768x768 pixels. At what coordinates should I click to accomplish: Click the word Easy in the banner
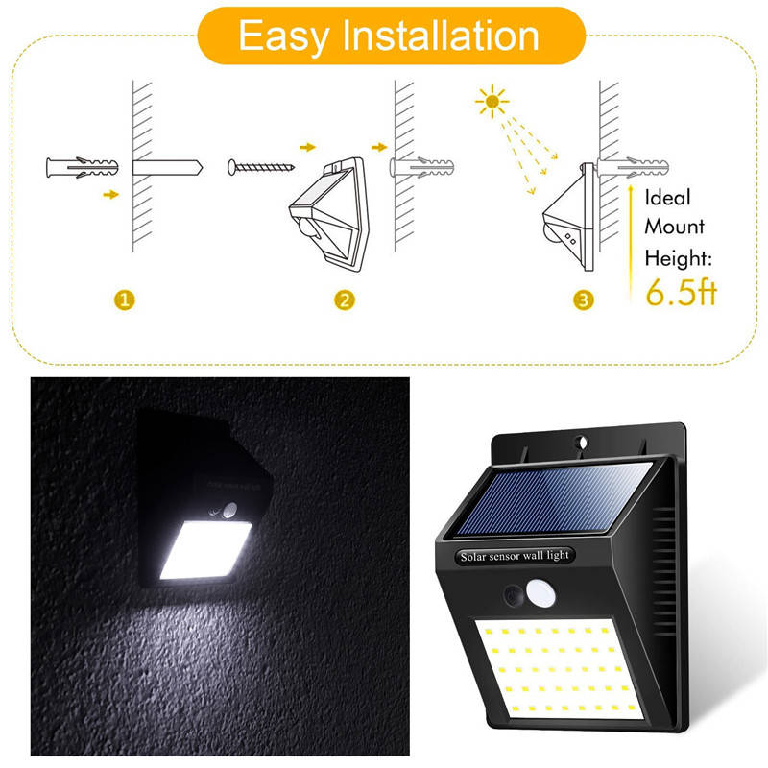tap(283, 36)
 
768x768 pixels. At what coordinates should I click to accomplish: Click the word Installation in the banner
tap(441, 36)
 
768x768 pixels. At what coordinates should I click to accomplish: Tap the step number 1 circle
tap(125, 300)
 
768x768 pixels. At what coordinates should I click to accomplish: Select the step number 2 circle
tap(345, 300)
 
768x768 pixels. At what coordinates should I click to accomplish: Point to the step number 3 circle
tap(584, 300)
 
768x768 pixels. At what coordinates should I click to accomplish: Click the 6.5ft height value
tap(682, 293)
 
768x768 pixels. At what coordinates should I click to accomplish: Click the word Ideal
tap(667, 198)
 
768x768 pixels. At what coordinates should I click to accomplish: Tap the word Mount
tap(675, 227)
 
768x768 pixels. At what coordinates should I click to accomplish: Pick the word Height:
tap(679, 257)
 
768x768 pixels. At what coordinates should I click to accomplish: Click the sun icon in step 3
tap(492, 102)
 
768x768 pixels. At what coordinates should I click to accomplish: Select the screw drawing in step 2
tap(260, 167)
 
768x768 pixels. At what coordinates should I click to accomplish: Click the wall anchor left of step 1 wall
tap(83, 167)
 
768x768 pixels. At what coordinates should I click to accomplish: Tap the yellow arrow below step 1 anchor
tap(111, 195)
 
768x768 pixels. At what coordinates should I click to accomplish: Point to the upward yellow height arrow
tap(631, 243)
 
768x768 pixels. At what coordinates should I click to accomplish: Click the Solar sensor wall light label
tap(515, 556)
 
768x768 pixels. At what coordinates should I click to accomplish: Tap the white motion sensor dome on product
tap(541, 593)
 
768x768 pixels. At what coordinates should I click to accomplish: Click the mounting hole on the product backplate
tap(582, 443)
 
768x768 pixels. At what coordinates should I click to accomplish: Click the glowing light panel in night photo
tap(205, 549)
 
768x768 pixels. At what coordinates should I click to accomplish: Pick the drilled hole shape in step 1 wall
tap(167, 167)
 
